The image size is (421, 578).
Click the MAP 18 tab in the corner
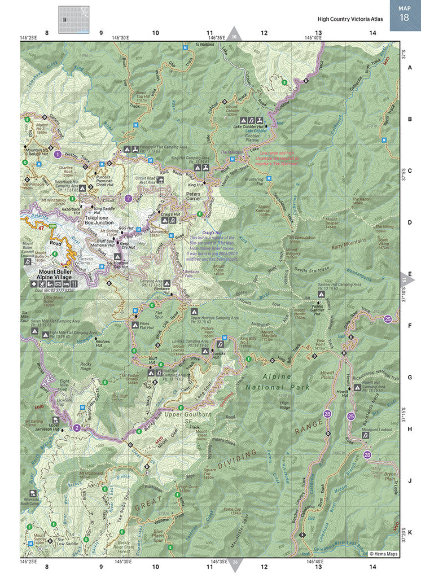[404, 14]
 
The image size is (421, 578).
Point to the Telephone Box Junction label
[100, 220]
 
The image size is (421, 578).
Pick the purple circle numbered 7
[129, 198]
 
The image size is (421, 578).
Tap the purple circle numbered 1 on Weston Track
[57, 154]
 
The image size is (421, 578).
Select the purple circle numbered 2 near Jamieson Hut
[77, 427]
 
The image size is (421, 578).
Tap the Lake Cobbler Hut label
[249, 128]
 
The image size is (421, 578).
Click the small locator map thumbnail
[73, 20]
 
